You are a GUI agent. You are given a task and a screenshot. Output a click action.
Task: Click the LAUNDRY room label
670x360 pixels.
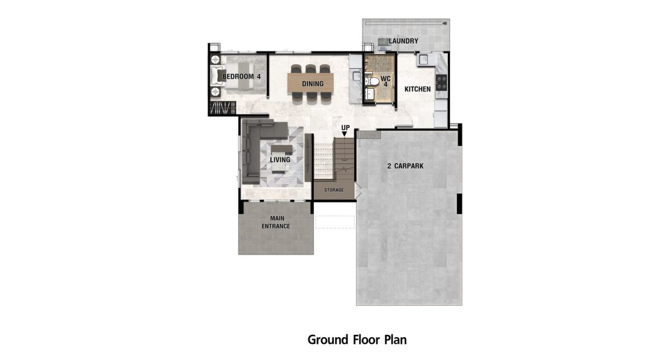pyautogui.click(x=403, y=41)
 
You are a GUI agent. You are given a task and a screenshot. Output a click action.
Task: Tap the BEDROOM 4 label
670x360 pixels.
pyautogui.click(x=241, y=76)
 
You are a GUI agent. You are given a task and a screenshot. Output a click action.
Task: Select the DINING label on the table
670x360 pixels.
pyautogui.click(x=313, y=84)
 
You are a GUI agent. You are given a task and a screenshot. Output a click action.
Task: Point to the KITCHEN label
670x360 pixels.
pyautogui.click(x=418, y=89)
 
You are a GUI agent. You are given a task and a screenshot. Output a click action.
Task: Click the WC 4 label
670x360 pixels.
pyautogui.click(x=386, y=81)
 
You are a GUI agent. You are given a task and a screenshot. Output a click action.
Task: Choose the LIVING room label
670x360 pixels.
pyautogui.click(x=280, y=160)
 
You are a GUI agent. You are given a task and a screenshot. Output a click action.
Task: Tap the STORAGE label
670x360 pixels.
pyautogui.click(x=334, y=190)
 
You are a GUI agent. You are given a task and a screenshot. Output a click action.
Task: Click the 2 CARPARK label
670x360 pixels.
pyautogui.click(x=405, y=166)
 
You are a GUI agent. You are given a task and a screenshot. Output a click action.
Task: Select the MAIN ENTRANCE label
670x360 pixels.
pyautogui.click(x=276, y=222)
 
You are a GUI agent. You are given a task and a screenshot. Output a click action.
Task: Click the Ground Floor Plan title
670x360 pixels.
pyautogui.click(x=357, y=340)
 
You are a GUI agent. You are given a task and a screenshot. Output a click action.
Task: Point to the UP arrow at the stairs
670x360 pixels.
pyautogui.click(x=344, y=134)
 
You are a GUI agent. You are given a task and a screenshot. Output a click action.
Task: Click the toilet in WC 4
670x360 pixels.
pyautogui.click(x=371, y=81)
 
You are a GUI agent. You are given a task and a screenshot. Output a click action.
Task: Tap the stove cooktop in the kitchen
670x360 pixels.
pyautogui.click(x=441, y=83)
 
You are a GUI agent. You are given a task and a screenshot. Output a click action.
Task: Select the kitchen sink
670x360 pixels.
pyautogui.click(x=424, y=60)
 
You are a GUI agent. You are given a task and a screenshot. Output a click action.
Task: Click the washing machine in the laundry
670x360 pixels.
pyautogui.click(x=383, y=44)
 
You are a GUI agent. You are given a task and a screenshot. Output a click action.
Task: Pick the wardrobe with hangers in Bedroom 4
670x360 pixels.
pyautogui.click(x=223, y=108)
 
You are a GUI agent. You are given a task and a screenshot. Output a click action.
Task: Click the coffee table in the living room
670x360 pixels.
pyautogui.click(x=281, y=149)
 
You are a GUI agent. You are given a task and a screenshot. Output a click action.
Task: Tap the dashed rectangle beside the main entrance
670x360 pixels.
pyautogui.click(x=334, y=222)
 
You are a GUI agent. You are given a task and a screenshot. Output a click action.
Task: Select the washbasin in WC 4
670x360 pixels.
pyautogui.click(x=370, y=94)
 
